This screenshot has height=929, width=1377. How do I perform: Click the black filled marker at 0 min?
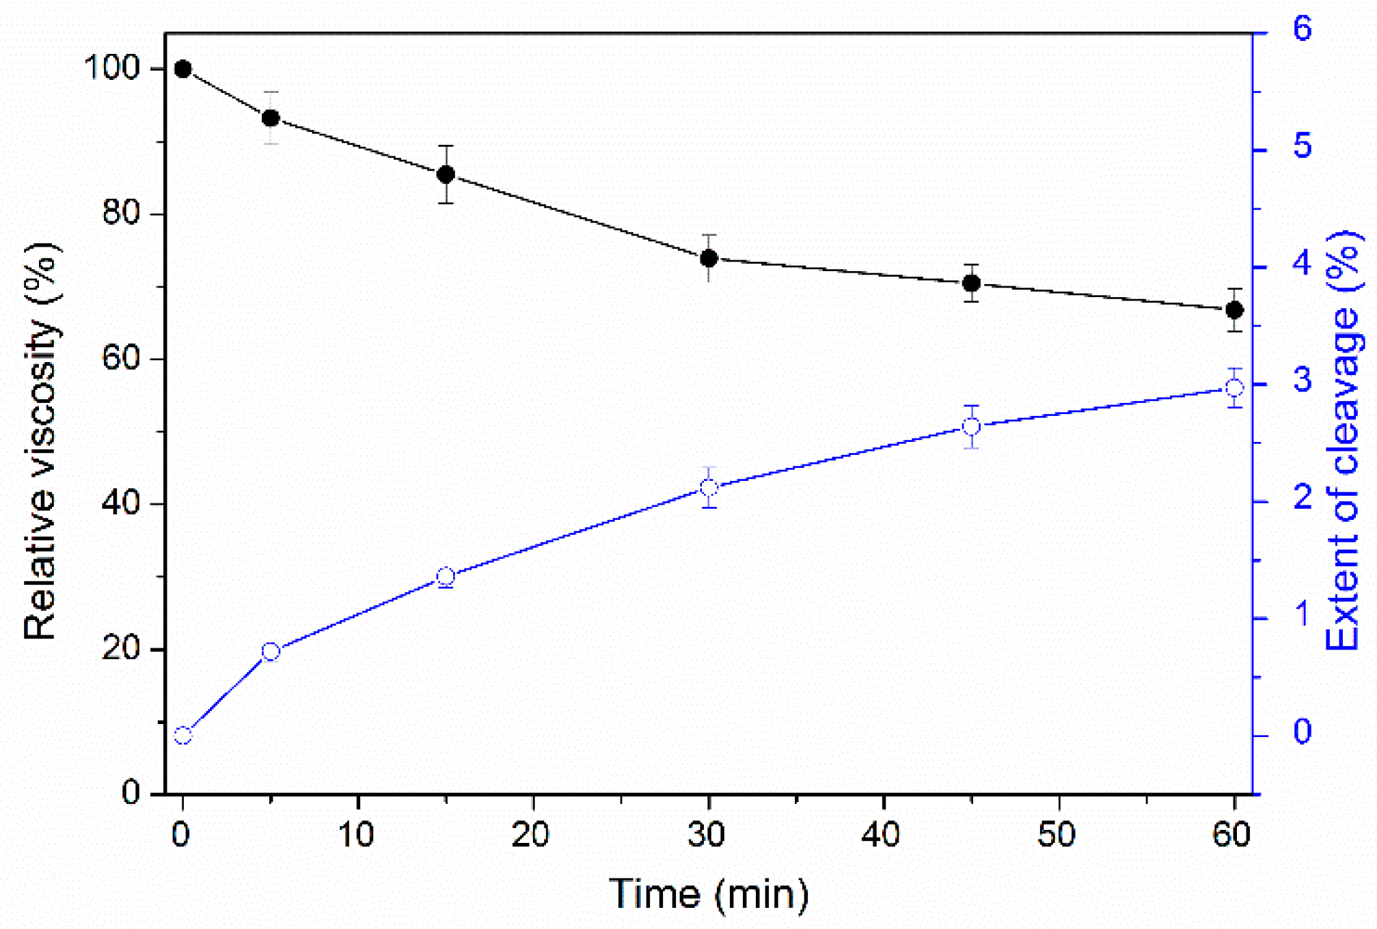pyautogui.click(x=182, y=69)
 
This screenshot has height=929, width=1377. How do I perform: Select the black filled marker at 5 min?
pyautogui.click(x=271, y=118)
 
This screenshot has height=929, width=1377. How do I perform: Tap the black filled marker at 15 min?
pyautogui.click(x=446, y=174)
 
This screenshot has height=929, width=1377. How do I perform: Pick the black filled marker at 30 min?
pyautogui.click(x=709, y=258)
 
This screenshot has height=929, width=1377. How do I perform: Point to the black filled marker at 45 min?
pyautogui.click(x=971, y=283)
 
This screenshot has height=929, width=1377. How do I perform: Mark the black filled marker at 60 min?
pyautogui.click(x=1234, y=310)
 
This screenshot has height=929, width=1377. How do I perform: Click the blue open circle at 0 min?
pyautogui.click(x=182, y=736)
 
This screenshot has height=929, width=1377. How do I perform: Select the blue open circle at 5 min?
pyautogui.click(x=271, y=652)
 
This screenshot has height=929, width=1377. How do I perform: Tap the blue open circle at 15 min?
pyautogui.click(x=446, y=577)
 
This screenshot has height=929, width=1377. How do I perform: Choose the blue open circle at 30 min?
pyautogui.click(x=709, y=488)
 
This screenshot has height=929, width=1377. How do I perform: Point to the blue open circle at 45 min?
pyautogui.click(x=971, y=427)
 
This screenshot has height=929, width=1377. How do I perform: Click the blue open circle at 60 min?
pyautogui.click(x=1234, y=388)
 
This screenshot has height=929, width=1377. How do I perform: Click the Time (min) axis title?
pyautogui.click(x=709, y=894)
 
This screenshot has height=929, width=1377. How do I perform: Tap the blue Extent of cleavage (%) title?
pyautogui.click(x=1342, y=441)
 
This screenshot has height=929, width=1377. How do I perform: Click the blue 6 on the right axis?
pyautogui.click(x=1303, y=29)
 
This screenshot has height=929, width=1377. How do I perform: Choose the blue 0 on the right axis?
pyautogui.click(x=1303, y=732)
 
